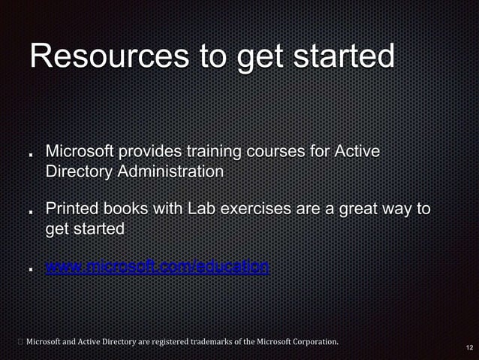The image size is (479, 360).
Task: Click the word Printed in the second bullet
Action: (x=71, y=208)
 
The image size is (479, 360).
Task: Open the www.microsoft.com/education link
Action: (x=157, y=267)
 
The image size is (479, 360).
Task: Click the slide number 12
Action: (x=469, y=348)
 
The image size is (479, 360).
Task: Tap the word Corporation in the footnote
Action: (x=312, y=343)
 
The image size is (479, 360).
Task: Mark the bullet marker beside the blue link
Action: (x=29, y=269)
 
